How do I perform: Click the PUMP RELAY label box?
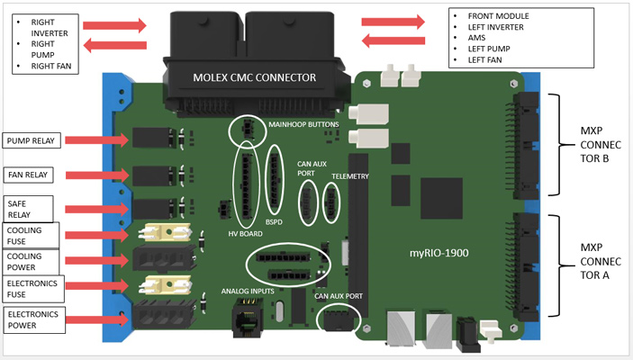32,140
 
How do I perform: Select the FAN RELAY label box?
28,175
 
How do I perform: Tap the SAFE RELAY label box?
28,209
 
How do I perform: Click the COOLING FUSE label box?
32,236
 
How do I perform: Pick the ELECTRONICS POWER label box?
34,319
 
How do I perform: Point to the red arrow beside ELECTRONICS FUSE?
97,285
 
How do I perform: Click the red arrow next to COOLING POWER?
97,261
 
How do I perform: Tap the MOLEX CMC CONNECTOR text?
254,77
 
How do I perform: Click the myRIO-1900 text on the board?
439,253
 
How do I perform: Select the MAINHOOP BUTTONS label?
303,124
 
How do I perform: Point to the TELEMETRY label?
350,176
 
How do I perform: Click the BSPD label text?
274,222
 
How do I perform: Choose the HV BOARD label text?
245,234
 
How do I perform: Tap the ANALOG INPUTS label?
248,291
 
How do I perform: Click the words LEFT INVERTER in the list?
496,27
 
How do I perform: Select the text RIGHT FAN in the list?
51,66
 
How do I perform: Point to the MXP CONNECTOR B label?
601,145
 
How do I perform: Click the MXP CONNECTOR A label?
601,261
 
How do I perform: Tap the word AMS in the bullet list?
476,38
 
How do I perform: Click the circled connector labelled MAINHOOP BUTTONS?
247,130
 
